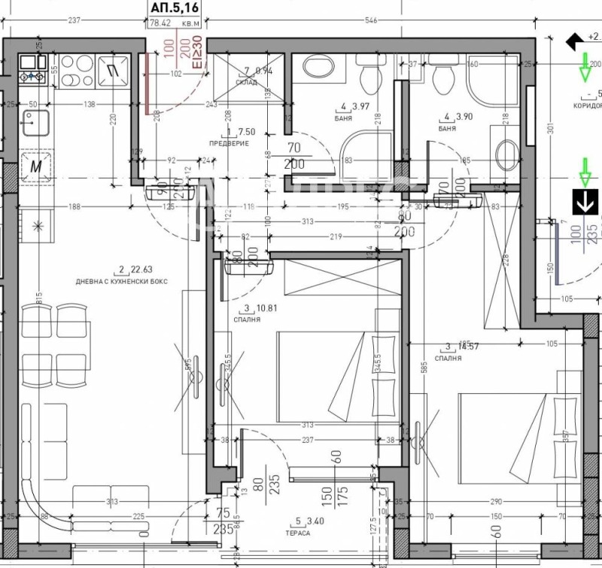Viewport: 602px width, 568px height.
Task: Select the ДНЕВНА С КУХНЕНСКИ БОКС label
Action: click(x=120, y=280)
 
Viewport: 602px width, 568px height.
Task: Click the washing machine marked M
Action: click(x=35, y=165)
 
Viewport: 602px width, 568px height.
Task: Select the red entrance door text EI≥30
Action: click(x=198, y=53)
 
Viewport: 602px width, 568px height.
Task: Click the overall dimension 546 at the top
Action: click(x=370, y=20)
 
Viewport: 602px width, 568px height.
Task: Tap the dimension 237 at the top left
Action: click(x=74, y=20)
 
